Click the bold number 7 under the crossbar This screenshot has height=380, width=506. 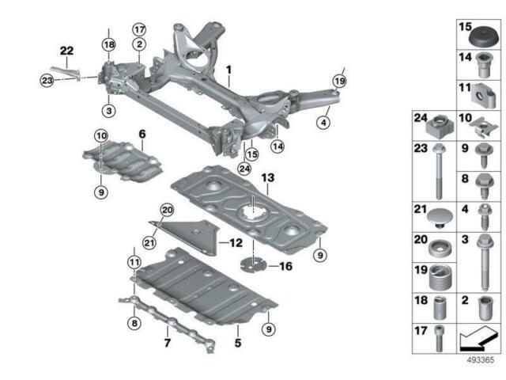pos(168,344)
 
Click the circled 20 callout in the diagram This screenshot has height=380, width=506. pos(166,209)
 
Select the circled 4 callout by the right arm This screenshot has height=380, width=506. pos(323,122)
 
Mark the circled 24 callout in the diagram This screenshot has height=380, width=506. pos(244,168)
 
